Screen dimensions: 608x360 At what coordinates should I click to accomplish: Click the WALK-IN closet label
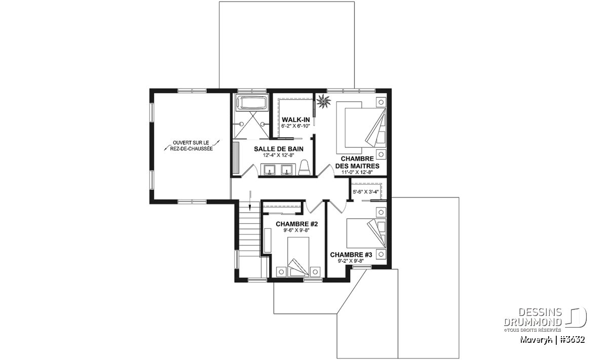295,119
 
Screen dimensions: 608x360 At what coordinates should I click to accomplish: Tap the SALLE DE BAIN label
279,149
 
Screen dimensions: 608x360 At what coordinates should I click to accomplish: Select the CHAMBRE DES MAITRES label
357,162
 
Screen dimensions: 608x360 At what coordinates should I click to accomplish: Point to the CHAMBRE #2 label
297,224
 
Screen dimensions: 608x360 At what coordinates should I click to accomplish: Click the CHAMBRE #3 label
351,255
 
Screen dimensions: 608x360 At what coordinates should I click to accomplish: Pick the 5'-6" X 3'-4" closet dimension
366,192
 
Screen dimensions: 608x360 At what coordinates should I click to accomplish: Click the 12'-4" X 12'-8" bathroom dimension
279,155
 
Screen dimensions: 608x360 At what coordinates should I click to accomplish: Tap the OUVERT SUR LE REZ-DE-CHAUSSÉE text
192,146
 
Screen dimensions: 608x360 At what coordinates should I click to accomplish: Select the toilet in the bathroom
305,167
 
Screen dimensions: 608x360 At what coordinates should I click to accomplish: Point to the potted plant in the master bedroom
323,101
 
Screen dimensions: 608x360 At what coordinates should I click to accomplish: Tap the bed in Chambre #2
298,257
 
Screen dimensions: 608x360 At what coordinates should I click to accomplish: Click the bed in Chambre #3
366,233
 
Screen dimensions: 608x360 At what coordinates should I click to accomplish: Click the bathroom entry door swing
249,170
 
